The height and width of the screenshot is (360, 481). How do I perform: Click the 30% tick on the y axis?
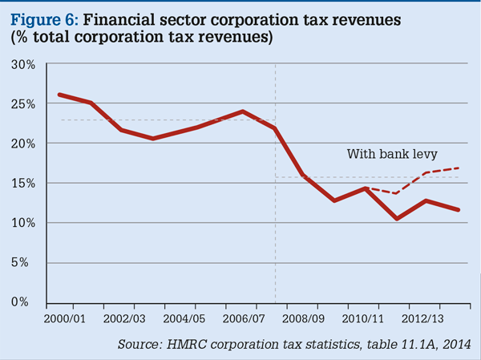[x=23, y=64]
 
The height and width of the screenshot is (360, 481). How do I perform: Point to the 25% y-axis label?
[x=23, y=103]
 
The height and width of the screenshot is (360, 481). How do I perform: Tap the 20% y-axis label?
[x=23, y=144]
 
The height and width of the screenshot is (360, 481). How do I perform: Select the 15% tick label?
[x=23, y=183]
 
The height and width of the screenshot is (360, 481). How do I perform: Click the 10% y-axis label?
[x=23, y=223]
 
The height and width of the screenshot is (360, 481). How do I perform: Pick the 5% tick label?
[x=26, y=262]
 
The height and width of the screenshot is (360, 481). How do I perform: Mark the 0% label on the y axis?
[x=26, y=302]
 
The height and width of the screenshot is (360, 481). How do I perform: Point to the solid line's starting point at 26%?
[x=59, y=95]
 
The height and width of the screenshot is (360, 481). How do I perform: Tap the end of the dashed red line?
[x=459, y=168]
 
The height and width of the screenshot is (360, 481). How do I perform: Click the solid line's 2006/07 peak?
[x=243, y=111]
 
